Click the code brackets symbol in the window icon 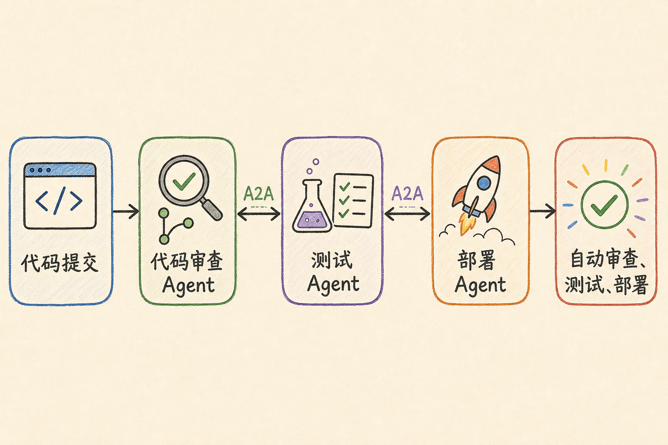pyautogui.click(x=59, y=201)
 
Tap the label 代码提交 pyautogui.click(x=60, y=263)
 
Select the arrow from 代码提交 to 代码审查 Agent pyautogui.click(x=126, y=211)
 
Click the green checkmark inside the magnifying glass pyautogui.click(x=184, y=181)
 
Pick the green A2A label pyautogui.click(x=259, y=194)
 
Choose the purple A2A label pyautogui.click(x=407, y=193)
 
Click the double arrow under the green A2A pyautogui.click(x=259, y=213)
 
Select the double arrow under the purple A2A pyautogui.click(x=407, y=213)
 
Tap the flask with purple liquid pyautogui.click(x=312, y=206)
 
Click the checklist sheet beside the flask pyautogui.click(x=354, y=201)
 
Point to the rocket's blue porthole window pyautogui.click(x=484, y=183)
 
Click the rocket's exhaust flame pyautogui.click(x=466, y=223)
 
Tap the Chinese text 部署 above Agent pyautogui.click(x=476, y=260)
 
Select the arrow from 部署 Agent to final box pyautogui.click(x=543, y=211)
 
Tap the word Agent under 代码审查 pyautogui.click(x=188, y=285)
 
